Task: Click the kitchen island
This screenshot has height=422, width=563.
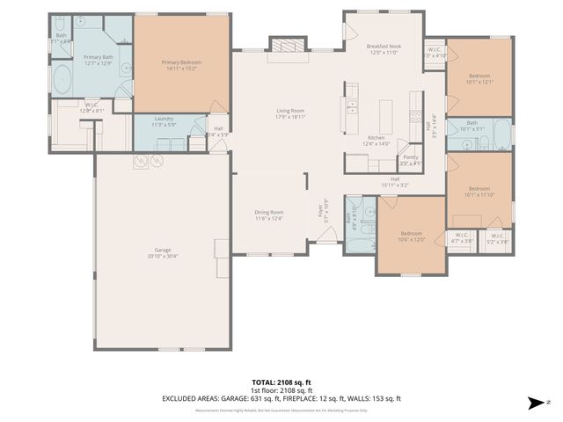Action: pos(384,115)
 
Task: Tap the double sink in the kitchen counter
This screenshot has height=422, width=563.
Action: pos(352,101)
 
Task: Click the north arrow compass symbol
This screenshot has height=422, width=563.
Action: pos(536,404)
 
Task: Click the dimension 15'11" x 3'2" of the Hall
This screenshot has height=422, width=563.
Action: pos(396,186)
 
